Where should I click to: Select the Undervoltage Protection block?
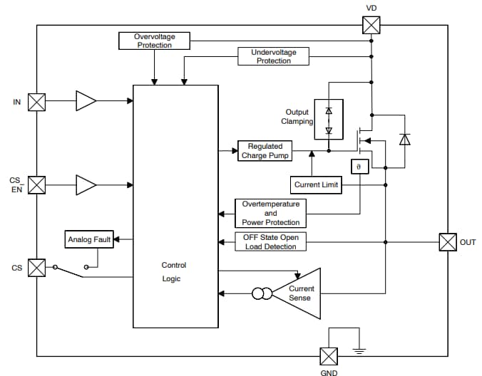pos(274,57)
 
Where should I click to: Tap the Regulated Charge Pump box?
pos(265,151)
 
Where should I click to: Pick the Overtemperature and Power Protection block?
pos(270,213)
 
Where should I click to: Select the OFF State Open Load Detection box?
pos(270,241)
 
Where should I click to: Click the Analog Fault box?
pos(89,240)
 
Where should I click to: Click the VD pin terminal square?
pos(371,25)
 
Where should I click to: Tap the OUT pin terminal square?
pos(447,242)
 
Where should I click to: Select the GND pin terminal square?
pos(329,355)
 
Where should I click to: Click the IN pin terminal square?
pos(36,102)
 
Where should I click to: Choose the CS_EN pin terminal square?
pos(36,185)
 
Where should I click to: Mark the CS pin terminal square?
pos(36,268)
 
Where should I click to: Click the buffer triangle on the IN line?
pos(86,102)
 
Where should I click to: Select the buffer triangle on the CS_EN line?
pos(86,185)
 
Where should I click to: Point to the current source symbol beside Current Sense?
pos(262,293)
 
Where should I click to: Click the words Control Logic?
pos(173,272)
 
